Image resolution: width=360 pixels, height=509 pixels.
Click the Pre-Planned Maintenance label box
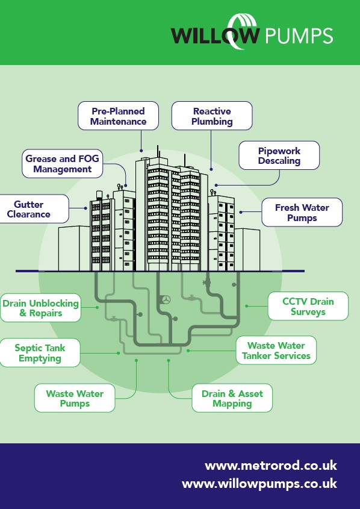point(118,116)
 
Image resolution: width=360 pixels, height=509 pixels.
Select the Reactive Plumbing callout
point(212,116)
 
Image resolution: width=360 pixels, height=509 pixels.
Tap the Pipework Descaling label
point(279,155)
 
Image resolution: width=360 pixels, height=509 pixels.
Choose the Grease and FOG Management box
point(62,164)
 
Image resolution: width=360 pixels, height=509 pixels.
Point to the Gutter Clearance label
point(33,209)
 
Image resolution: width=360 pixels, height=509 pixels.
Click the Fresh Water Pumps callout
point(302,212)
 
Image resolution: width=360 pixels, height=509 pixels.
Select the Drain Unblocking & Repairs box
point(40,308)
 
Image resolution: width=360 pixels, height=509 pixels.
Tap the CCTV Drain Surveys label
point(308,306)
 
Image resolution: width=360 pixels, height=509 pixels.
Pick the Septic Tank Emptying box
point(40,353)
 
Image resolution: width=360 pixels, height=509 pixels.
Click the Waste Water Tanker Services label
point(276,350)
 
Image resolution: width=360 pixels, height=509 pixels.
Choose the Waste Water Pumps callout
point(75,398)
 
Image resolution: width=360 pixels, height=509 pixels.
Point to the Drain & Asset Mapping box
point(232,398)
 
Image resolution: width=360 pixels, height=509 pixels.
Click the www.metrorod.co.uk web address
point(271,466)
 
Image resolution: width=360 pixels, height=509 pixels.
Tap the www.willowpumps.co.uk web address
point(259,484)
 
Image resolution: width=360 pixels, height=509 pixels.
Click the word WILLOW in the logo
point(216,35)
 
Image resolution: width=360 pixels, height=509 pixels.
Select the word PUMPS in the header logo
point(299,36)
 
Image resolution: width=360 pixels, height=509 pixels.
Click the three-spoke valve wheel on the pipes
point(166,299)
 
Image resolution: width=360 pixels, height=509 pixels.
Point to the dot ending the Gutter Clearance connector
point(86,208)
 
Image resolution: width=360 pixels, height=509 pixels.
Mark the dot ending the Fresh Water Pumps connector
point(241,212)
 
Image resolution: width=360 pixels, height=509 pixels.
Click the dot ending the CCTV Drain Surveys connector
point(247,306)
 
